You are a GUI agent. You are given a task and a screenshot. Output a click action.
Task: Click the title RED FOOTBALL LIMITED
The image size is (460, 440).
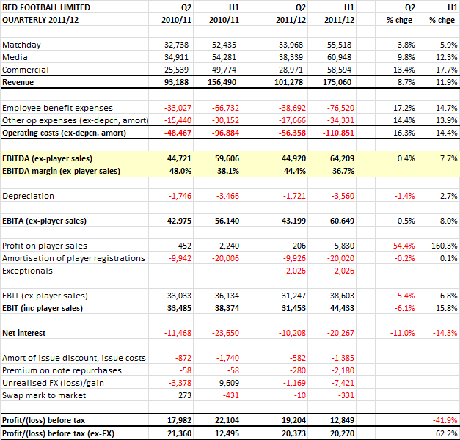pyautogui.click(x=46, y=7)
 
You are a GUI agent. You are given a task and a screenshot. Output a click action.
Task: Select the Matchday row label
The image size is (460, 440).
pyautogui.click(x=21, y=45)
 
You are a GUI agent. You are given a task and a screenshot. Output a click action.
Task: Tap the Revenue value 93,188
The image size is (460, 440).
pyautogui.click(x=176, y=82)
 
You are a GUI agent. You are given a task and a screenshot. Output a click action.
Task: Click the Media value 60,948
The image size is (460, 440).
pyautogui.click(x=339, y=57)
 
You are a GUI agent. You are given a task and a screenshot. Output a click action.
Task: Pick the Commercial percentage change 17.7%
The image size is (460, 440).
pyautogui.click(x=446, y=70)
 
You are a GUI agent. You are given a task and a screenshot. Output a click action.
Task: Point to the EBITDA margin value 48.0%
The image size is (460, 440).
pyautogui.click(x=180, y=171)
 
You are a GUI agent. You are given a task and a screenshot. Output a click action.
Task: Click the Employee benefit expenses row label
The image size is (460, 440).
pyautogui.click(x=57, y=108)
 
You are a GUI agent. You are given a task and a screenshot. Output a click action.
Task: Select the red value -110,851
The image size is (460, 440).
pyautogui.click(x=338, y=133)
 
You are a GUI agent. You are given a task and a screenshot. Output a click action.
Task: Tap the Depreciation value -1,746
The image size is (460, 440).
pyautogui.click(x=180, y=196)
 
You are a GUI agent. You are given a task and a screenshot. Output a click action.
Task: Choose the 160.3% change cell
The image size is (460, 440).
pyautogui.click(x=444, y=246)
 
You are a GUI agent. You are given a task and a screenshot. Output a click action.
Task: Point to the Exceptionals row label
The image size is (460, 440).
pyautogui.click(x=27, y=271)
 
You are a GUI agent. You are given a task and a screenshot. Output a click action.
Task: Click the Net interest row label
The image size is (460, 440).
pyautogui.click(x=23, y=333)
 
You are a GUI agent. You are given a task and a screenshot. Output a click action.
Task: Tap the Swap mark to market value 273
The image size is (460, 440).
pyautogui.click(x=185, y=395)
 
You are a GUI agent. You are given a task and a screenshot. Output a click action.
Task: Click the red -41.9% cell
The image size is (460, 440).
pyautogui.click(x=445, y=420)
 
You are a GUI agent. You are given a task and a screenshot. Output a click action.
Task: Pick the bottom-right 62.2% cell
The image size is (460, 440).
pyautogui.click(x=446, y=433)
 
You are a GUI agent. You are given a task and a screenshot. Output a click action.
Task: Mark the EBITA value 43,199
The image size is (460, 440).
pyautogui.click(x=293, y=221)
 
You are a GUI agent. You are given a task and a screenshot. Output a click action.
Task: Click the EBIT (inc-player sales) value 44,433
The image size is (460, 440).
pyautogui.click(x=342, y=308)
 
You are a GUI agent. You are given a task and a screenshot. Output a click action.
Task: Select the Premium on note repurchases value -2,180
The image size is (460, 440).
pyautogui.click(x=343, y=370)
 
